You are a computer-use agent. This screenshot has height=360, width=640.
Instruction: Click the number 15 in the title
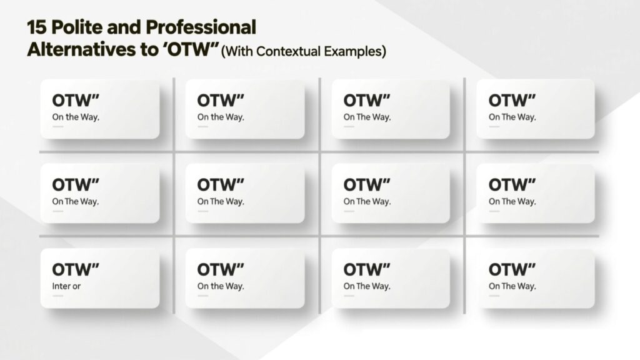tap(37, 27)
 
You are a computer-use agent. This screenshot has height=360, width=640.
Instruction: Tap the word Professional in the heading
tap(201, 27)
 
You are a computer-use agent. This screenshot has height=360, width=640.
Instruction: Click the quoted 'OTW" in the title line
tap(191, 49)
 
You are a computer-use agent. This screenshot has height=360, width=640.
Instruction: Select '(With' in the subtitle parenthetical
tap(237, 51)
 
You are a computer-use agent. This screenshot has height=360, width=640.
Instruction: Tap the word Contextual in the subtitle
tap(288, 51)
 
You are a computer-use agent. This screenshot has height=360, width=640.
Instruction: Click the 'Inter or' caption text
tap(66, 286)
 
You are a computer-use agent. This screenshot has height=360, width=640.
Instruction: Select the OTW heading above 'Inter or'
tap(76, 269)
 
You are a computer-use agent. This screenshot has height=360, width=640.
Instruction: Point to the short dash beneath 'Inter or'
tap(57, 296)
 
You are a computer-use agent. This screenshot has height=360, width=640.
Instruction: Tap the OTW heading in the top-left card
tap(76, 101)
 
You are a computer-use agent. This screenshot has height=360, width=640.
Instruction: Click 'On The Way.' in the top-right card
tap(512, 117)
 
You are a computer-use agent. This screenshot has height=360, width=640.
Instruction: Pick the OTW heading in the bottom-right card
tap(512, 269)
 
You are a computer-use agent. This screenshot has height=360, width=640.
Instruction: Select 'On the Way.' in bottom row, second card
tap(221, 286)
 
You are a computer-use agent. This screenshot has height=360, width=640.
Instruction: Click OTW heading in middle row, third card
tap(366, 185)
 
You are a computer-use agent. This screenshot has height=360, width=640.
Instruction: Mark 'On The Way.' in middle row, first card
tap(76, 202)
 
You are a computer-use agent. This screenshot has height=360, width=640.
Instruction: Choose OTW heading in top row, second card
tap(221, 101)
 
